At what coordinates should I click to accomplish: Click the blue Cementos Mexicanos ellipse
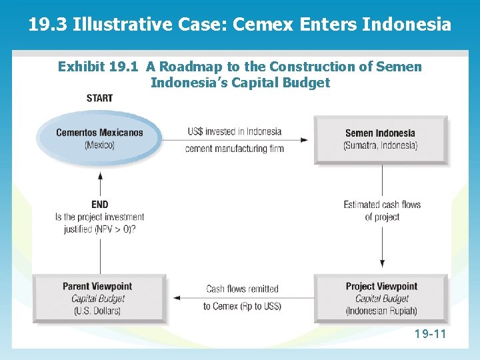[x=99, y=138]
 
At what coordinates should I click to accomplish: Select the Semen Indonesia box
[x=381, y=139]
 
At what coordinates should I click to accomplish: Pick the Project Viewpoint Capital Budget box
[x=381, y=298]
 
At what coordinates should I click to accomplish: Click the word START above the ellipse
[x=99, y=98]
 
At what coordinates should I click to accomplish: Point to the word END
[x=99, y=204]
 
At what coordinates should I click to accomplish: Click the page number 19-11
[x=429, y=333]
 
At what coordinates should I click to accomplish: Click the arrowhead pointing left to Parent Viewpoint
[x=175, y=298]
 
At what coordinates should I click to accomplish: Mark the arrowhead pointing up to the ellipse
[x=100, y=175]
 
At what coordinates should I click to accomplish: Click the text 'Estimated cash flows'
[x=382, y=205]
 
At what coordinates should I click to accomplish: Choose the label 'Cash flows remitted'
[x=242, y=289]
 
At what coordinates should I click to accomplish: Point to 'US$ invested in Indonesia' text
[x=234, y=131]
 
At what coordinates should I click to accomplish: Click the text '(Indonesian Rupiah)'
[x=381, y=311]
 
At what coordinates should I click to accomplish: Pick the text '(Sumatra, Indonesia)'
[x=381, y=145]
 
